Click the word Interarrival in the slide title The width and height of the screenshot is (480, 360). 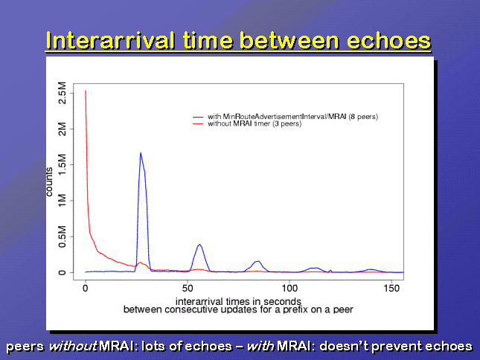[x=110, y=41]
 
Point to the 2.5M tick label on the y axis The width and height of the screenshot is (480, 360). [x=62, y=93]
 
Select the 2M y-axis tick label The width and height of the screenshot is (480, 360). [x=62, y=129]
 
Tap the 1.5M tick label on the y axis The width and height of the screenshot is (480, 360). [x=62, y=164]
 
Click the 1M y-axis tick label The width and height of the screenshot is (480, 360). [x=62, y=200]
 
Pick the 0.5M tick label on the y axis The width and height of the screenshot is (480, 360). [x=62, y=237]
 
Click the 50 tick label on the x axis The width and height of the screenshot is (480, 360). [x=188, y=288]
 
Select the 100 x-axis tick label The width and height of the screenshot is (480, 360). [x=289, y=288]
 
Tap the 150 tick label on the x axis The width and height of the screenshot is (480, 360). [x=391, y=288]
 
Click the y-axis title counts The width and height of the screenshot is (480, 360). [x=49, y=181]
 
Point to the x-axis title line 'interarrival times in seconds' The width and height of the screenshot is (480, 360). [x=238, y=301]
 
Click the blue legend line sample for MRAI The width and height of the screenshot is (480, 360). [x=198, y=117]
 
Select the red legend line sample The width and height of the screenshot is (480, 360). [x=198, y=123]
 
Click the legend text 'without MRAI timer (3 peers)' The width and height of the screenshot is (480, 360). [x=255, y=123]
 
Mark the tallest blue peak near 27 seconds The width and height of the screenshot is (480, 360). [x=141, y=152]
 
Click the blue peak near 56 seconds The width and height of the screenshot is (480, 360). [x=199, y=245]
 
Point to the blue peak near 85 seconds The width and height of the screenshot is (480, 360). [x=257, y=261]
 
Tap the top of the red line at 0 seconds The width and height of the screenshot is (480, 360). [x=86, y=91]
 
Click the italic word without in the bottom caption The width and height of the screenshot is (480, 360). [x=73, y=346]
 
